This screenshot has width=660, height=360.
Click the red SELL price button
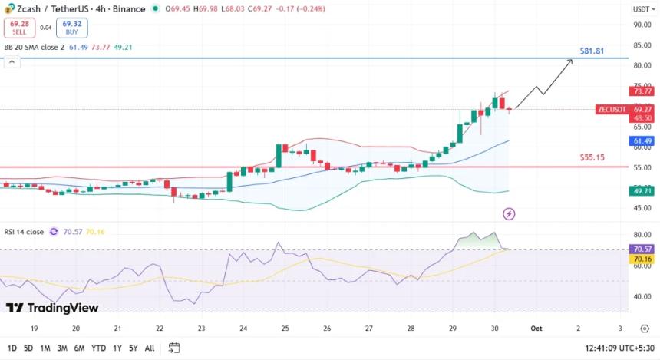pyautogui.click(x=18, y=28)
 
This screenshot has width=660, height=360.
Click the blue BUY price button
pyautogui.click(x=71, y=28)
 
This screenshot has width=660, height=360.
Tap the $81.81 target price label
pyautogui.click(x=592, y=51)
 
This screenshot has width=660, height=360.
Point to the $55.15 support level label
pyautogui.click(x=592, y=157)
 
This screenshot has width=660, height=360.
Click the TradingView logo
pyautogui.click(x=52, y=308)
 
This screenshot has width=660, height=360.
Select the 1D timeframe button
pyautogui.click(x=12, y=348)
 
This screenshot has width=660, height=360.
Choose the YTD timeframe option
pyautogui.click(x=98, y=348)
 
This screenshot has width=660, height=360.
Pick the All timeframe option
pyautogui.click(x=150, y=348)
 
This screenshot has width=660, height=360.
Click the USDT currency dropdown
pyautogui.click(x=641, y=9)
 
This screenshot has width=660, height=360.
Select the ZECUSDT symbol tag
pyautogui.click(x=612, y=109)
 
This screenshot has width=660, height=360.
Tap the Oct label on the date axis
pyautogui.click(x=536, y=328)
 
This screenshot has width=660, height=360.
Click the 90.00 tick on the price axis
pyautogui.click(x=642, y=25)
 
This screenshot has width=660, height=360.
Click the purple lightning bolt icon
pyautogui.click(x=508, y=213)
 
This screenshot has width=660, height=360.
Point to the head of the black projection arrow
pyautogui.click(x=572, y=61)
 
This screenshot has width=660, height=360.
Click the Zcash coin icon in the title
pyautogui.click(x=9, y=8)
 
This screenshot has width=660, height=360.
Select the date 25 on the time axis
pyautogui.click(x=285, y=328)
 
